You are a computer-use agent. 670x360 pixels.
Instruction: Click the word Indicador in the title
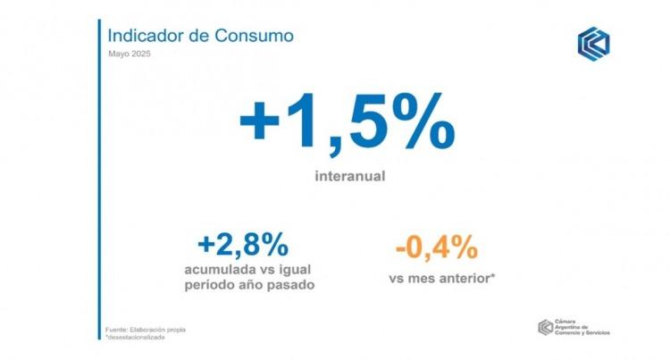tap(147, 36)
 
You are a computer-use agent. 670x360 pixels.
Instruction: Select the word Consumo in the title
tap(255, 36)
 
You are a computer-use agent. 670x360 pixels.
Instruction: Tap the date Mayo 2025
tap(130, 54)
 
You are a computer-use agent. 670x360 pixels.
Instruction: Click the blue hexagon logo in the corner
tap(593, 44)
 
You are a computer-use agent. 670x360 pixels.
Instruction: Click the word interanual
tap(350, 176)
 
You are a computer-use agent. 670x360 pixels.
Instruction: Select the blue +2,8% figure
tap(243, 245)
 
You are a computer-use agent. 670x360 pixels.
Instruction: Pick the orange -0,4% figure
tap(437, 247)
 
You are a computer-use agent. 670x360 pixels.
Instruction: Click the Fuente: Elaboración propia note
tap(146, 330)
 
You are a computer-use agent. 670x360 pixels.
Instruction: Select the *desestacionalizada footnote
tap(135, 338)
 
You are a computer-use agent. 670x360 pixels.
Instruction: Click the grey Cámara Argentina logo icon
tap(545, 327)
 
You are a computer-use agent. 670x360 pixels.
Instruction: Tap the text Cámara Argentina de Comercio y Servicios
tap(582, 327)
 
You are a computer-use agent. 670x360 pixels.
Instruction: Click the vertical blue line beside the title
tap(100, 180)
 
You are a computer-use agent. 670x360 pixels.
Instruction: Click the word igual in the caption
tap(295, 271)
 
